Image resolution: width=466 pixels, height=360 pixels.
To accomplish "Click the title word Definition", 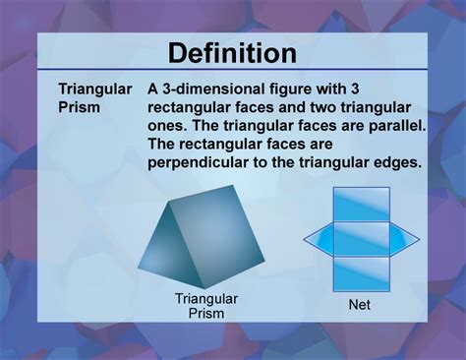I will [232, 53].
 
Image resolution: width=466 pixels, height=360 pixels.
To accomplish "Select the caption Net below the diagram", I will [359, 306].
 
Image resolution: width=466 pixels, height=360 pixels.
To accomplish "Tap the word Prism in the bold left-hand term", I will [80, 107].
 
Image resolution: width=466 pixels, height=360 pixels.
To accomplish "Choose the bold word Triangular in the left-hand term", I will [95, 90].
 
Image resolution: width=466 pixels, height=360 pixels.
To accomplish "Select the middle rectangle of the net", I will [359, 237].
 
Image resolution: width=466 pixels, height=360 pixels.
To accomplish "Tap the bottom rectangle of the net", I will [359, 271].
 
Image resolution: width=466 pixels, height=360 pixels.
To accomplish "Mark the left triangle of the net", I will [317, 237].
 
